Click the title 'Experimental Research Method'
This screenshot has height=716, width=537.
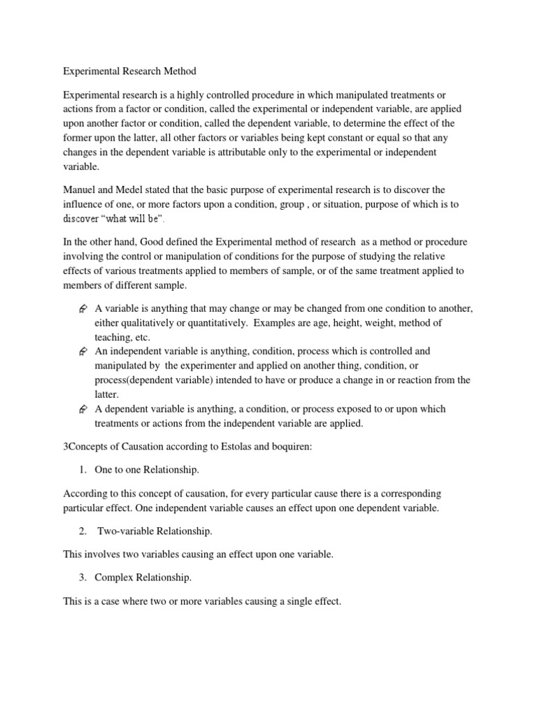(129, 71)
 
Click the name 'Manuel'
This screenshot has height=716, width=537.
(80, 189)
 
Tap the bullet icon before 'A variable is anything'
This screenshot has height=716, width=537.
(83, 308)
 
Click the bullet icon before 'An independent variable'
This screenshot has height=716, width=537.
(83, 351)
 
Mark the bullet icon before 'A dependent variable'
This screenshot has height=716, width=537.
(83, 408)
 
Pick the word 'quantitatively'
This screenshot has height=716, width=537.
(211, 322)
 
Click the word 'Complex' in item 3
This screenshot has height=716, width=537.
(114, 578)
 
